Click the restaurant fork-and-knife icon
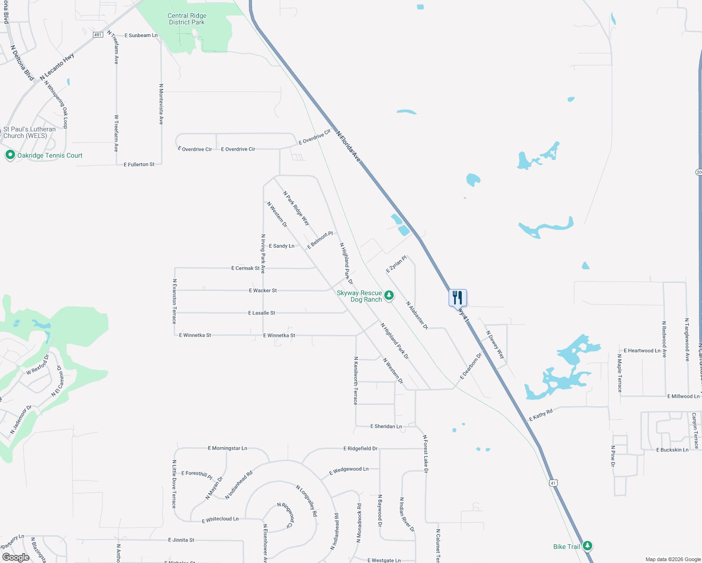[458, 297]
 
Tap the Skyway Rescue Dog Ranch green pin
[389, 295]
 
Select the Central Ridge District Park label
[187, 19]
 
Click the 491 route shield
[98, 35]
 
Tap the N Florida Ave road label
[348, 147]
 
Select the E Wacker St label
[263, 290]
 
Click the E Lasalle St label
[261, 313]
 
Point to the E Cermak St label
[245, 268]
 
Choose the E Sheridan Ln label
[386, 426]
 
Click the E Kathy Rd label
[541, 415]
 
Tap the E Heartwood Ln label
[641, 350]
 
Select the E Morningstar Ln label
[227, 448]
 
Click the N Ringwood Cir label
[286, 515]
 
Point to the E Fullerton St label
[139, 165]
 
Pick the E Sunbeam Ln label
[141, 36]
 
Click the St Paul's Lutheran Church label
[29, 132]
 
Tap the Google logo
[15, 557]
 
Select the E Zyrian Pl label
[396, 264]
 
